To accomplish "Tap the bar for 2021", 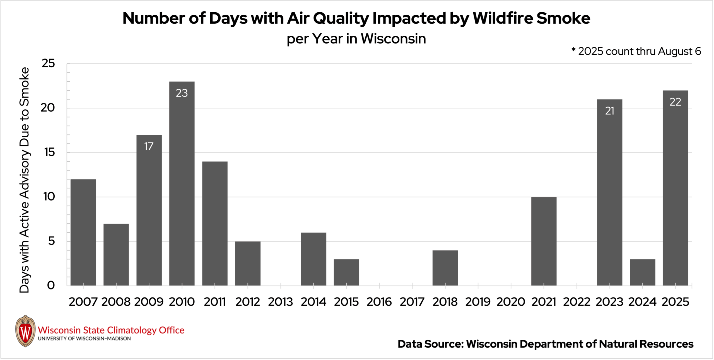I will tap(544, 241).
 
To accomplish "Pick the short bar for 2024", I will tap(642, 272).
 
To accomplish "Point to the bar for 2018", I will tap(445, 268).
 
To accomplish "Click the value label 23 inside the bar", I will tap(182, 93).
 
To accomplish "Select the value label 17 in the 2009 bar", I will tap(149, 146).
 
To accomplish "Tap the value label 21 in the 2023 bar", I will tap(609, 111).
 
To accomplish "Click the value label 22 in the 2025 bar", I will tap(675, 102).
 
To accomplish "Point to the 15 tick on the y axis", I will tap(49, 152).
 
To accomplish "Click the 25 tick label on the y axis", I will tap(48, 63).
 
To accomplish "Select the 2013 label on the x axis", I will tap(280, 302).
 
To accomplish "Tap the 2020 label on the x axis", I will tap(511, 302).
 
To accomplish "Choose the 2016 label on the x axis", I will tap(379, 302).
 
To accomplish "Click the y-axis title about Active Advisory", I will tap(24, 180).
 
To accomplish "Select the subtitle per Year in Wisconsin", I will tap(356, 39).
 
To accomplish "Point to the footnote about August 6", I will tap(636, 51).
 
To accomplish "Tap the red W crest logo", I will tap(25, 331).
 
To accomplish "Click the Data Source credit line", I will tap(545, 344).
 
